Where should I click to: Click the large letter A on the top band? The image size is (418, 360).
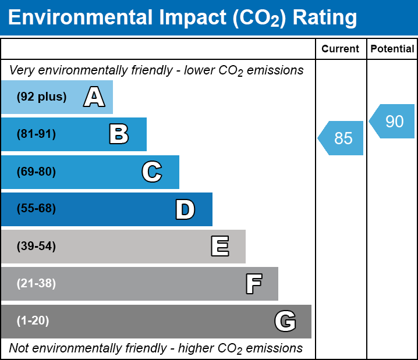point(94,97)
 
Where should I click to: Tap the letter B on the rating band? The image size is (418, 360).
point(119,134)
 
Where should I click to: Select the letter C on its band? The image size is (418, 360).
point(151,172)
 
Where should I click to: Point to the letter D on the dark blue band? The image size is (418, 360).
point(185,209)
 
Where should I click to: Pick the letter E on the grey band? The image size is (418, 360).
point(219,247)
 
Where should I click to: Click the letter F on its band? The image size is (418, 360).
point(253,284)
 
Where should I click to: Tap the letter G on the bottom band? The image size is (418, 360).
point(285,321)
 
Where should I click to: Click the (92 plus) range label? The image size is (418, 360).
point(41,97)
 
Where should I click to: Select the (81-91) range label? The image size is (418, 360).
point(36,134)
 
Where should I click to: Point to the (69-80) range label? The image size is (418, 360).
point(36,172)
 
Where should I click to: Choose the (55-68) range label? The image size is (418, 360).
point(36,209)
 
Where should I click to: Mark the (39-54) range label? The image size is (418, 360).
point(36,247)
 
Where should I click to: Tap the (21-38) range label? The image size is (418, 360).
point(36,284)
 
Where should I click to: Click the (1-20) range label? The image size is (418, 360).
point(33,321)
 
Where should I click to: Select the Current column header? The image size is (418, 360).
point(341,49)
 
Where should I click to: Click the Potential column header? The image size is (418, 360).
point(392,49)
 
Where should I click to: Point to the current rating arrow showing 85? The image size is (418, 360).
point(342,138)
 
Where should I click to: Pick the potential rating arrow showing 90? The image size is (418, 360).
point(393,121)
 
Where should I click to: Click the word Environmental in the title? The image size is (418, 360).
point(80,18)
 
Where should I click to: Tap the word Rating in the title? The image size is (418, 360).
point(324,18)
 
